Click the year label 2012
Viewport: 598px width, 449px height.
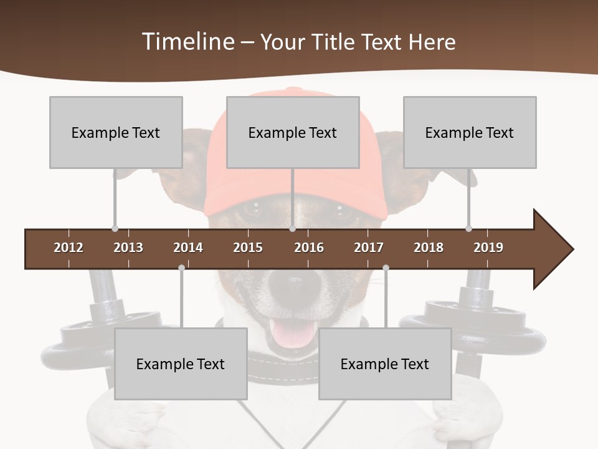[x=69, y=248]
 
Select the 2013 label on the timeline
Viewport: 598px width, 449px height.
[x=128, y=248]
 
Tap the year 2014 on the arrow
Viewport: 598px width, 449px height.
[x=188, y=248]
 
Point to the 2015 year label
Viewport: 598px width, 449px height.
[x=248, y=248]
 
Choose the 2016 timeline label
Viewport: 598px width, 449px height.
[x=309, y=248]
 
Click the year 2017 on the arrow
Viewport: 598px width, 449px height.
[x=369, y=248]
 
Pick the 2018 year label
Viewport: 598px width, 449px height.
[x=429, y=248]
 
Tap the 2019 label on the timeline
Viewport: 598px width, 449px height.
[x=488, y=248]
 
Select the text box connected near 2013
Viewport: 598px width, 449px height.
[x=116, y=132]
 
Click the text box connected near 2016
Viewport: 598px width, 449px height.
[x=293, y=132]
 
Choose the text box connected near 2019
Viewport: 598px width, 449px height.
[x=470, y=132]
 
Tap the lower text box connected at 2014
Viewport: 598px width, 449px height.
[x=181, y=364]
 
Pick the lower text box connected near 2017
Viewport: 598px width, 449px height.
[x=385, y=364]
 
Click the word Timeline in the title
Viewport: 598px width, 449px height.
[x=188, y=42]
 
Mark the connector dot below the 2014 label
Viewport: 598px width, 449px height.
[x=181, y=268]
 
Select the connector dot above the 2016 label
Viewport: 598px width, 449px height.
[x=292, y=229]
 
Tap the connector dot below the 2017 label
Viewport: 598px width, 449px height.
[x=386, y=268]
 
